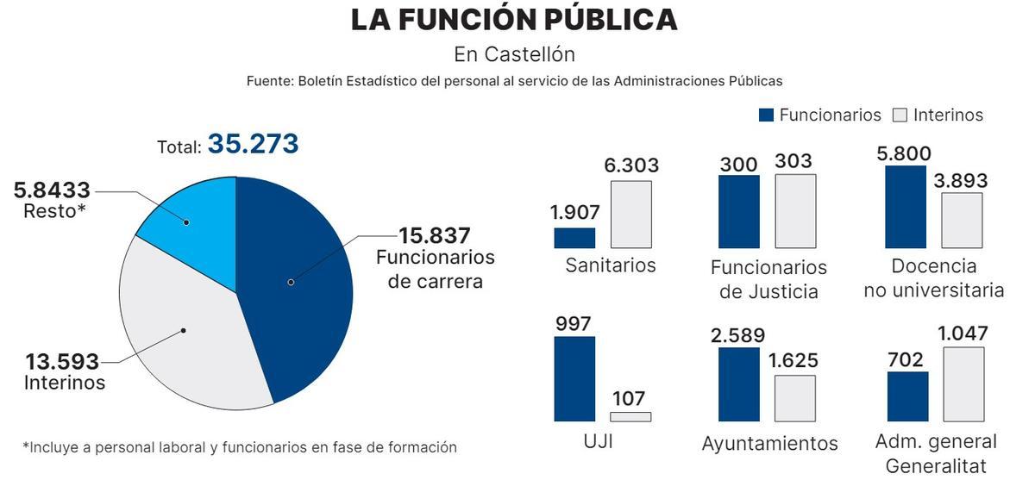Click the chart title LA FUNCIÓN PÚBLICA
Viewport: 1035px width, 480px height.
point(514,20)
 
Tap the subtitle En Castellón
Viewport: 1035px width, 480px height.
point(514,54)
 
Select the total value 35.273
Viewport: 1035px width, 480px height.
point(253,144)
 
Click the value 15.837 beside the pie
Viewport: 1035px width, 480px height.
point(434,235)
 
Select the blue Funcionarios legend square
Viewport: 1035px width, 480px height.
point(766,115)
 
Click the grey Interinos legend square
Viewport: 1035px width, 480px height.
point(900,115)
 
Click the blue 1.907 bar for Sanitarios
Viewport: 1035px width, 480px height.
point(574,238)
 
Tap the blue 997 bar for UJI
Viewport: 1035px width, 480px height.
point(574,378)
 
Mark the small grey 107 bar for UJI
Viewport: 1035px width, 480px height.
point(630,417)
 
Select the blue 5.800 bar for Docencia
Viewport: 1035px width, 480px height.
point(906,207)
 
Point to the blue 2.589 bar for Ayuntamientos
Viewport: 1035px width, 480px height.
point(739,384)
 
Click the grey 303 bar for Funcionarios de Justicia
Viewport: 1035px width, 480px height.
point(795,211)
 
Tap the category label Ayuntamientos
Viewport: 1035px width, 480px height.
point(769,443)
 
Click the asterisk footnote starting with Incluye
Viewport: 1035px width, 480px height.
point(239,447)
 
